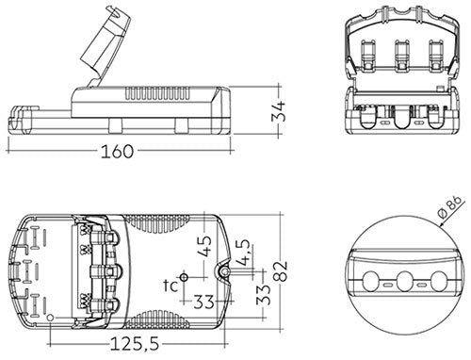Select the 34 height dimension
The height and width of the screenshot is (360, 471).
point(274,114)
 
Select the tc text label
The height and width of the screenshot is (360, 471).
point(171,285)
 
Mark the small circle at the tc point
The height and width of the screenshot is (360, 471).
point(184,276)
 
